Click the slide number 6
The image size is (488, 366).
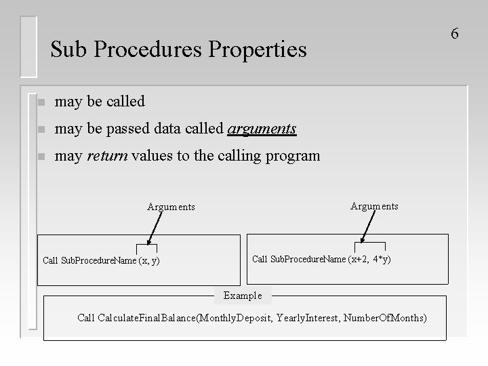coord(455,33)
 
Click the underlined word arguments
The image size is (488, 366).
coord(262,129)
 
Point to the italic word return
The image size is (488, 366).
coord(108,156)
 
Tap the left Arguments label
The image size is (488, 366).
coord(171,207)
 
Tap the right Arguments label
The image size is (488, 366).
coord(374,205)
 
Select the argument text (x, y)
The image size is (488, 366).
coord(149,260)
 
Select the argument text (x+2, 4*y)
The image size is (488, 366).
coord(369,259)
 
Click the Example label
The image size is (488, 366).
coord(242,296)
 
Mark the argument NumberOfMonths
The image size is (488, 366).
coord(386,317)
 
